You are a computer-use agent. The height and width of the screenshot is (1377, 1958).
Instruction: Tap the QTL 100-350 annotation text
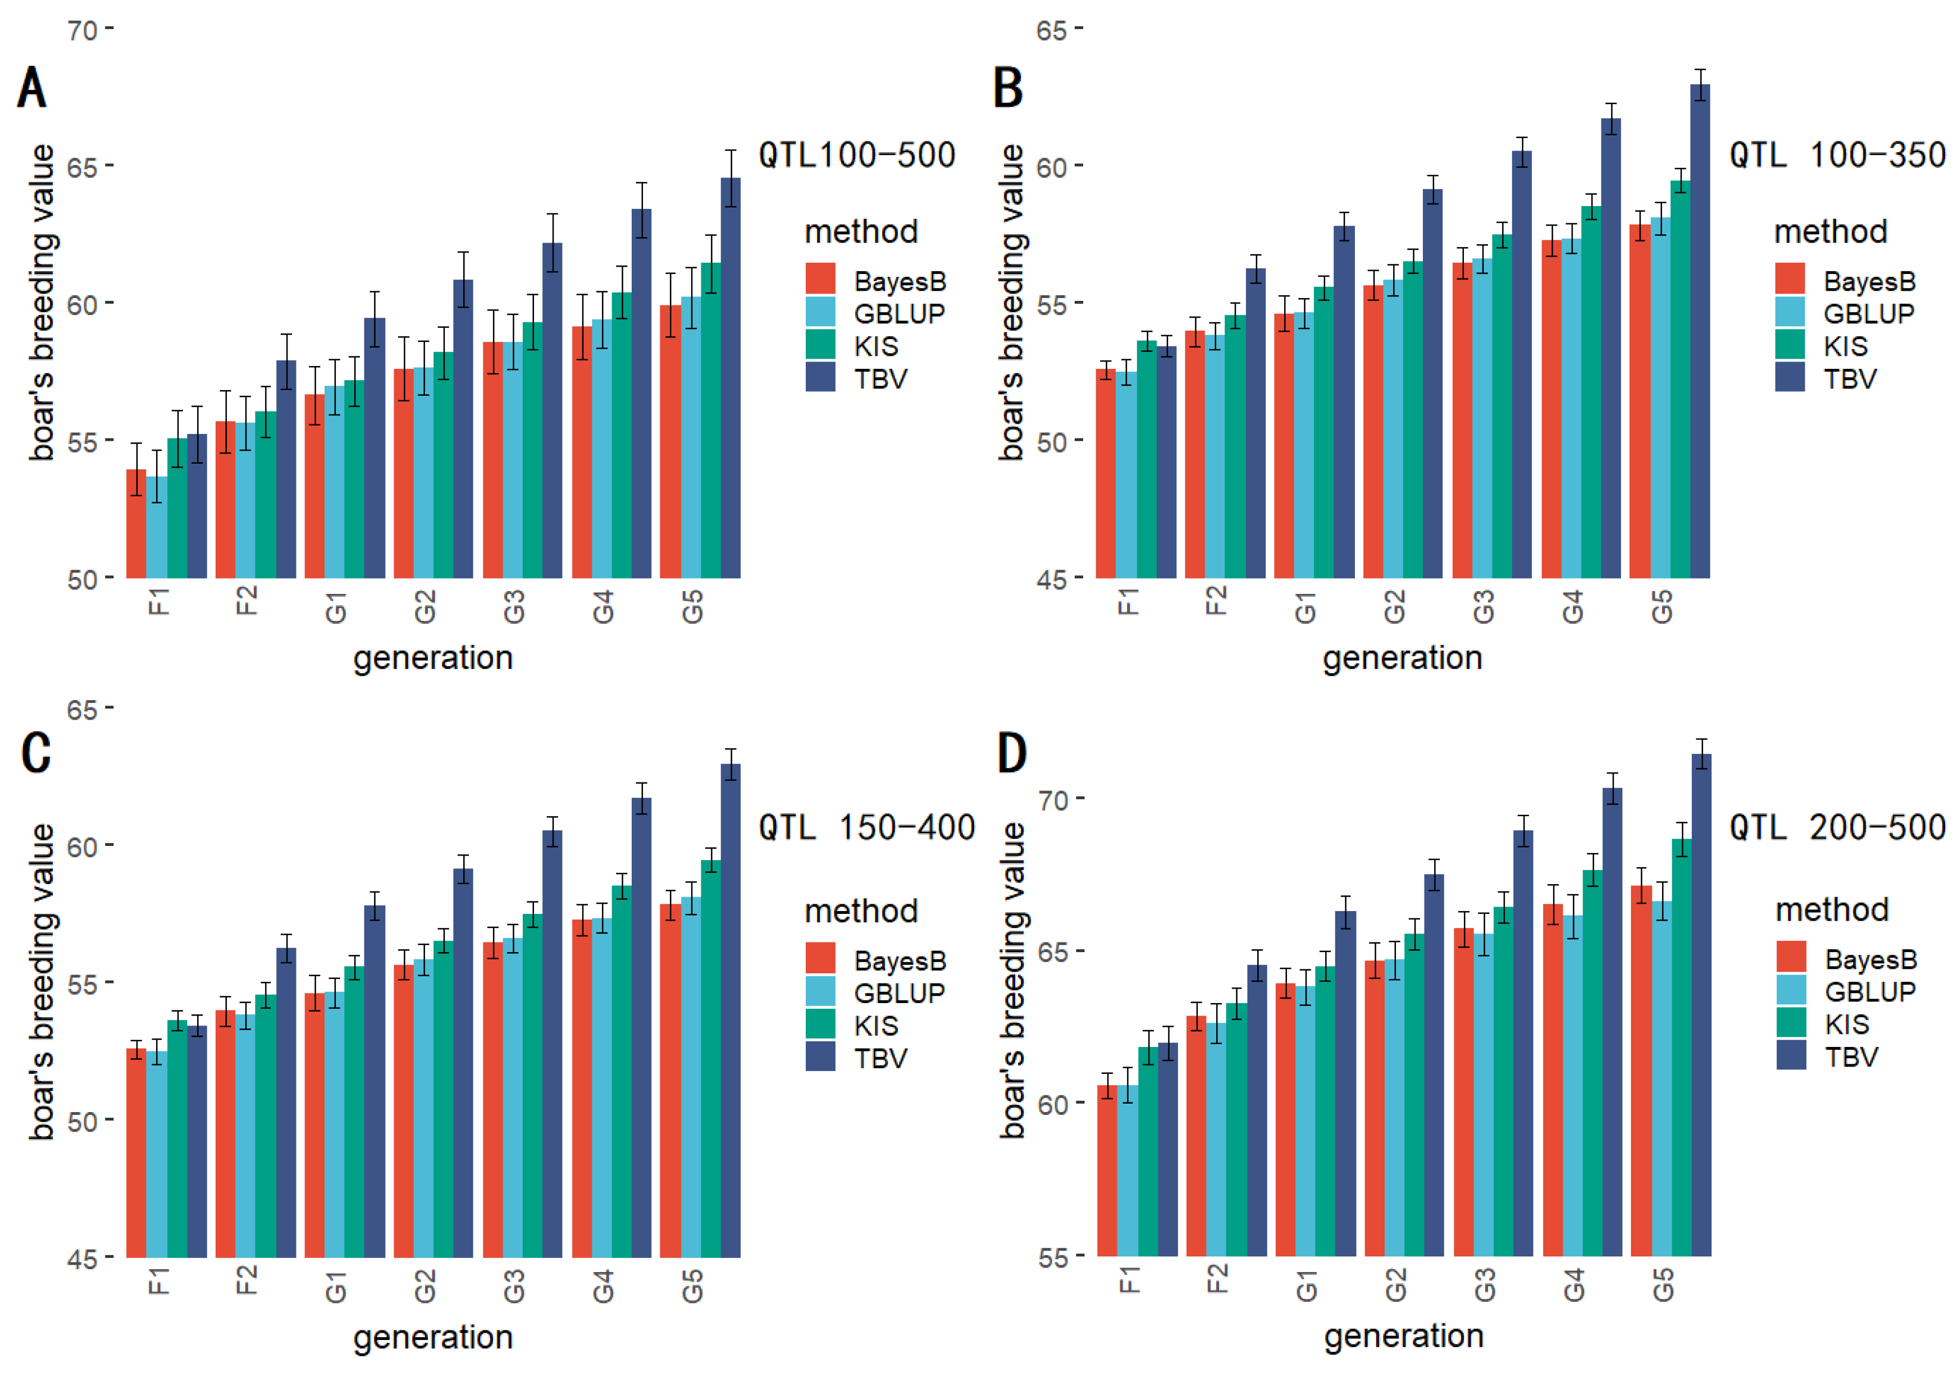(1837, 155)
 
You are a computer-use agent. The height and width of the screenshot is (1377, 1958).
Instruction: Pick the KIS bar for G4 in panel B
(1590, 392)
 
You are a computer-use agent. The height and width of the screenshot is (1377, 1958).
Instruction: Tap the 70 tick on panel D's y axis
(1053, 800)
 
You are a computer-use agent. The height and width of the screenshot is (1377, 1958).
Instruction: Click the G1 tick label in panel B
(1306, 607)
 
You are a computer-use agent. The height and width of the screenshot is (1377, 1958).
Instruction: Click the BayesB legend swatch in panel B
(1789, 279)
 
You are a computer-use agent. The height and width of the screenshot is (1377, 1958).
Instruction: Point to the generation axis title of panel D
(1404, 1335)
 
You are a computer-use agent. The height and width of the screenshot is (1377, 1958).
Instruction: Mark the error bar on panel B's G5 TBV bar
(1700, 84)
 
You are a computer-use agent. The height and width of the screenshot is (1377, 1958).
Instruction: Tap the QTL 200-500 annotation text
(1837, 827)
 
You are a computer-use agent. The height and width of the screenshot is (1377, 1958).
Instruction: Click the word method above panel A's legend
(861, 232)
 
